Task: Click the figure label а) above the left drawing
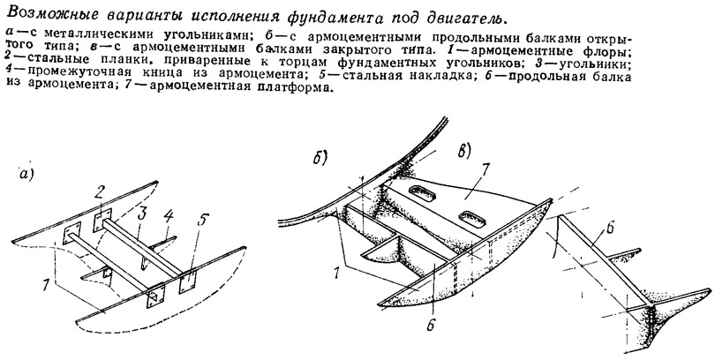pos(26,174)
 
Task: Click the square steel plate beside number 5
pos(187,283)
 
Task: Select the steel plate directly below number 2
pos(102,221)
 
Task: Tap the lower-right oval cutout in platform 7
pos(473,218)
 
